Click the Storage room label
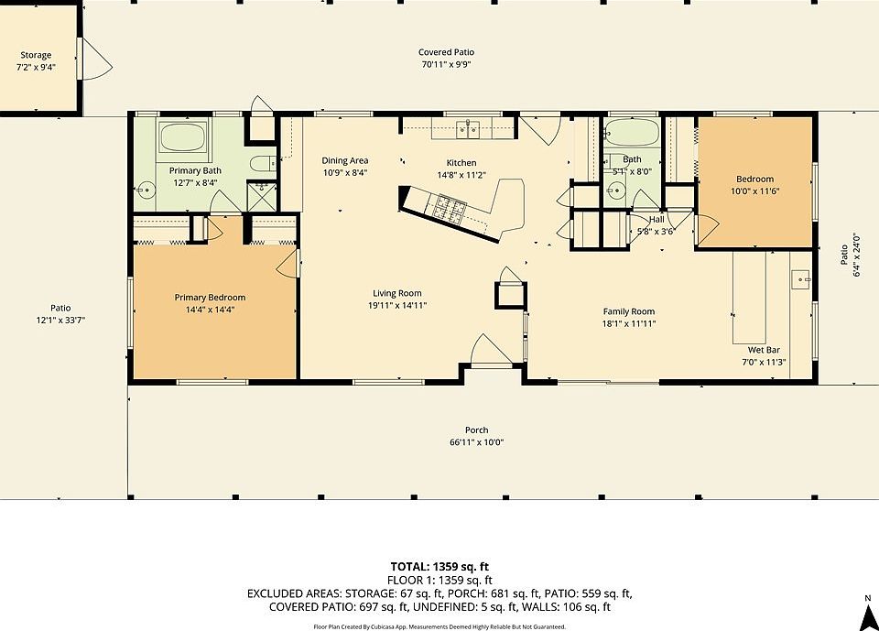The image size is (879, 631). (36, 55)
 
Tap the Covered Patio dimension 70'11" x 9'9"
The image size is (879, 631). (446, 64)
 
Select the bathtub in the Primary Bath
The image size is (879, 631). (182, 136)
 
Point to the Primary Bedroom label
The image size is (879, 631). (210, 298)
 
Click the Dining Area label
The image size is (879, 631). (345, 160)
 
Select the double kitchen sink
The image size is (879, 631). (467, 130)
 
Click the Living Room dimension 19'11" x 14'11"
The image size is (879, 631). (397, 306)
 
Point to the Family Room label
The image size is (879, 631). (629, 311)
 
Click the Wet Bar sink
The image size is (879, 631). (800, 278)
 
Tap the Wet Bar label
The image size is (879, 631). (764, 350)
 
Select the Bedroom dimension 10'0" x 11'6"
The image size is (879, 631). (754, 191)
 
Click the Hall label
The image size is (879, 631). (657, 219)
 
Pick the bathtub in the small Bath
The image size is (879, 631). (633, 133)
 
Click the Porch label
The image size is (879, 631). (476, 430)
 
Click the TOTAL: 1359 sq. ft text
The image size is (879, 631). (439, 567)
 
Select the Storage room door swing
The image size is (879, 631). (98, 59)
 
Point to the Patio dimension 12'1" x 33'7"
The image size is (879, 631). (60, 321)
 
